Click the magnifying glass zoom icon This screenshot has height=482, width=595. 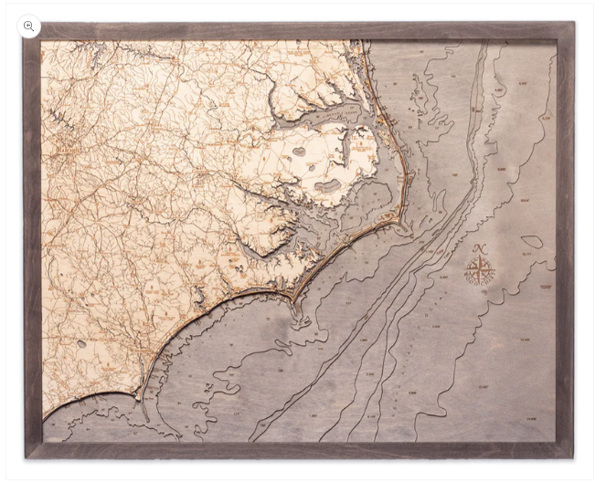pyautogui.click(x=29, y=26)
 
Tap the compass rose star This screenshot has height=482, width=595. pyautogui.click(x=479, y=271)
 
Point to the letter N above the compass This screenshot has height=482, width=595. pyautogui.click(x=480, y=249)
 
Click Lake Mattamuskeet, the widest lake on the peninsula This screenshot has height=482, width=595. pyautogui.click(x=326, y=188)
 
